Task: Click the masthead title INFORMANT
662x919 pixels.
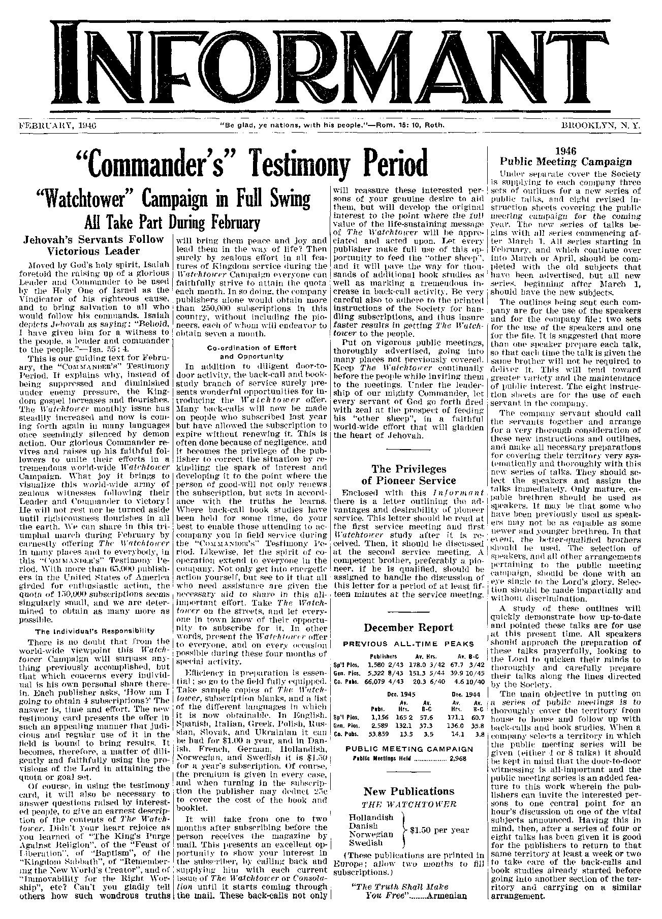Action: tap(331, 61)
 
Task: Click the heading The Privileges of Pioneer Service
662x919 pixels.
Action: tap(408, 474)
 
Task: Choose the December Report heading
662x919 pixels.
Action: tap(408, 627)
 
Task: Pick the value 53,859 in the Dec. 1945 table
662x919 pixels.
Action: tap(376, 734)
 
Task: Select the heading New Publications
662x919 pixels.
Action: tap(408, 791)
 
